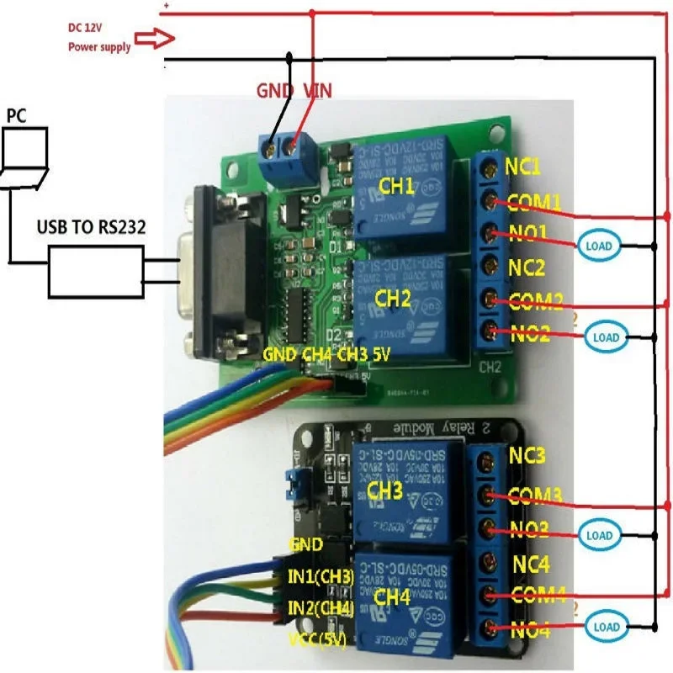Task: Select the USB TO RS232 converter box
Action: (95, 271)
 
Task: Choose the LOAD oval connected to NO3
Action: (598, 535)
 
